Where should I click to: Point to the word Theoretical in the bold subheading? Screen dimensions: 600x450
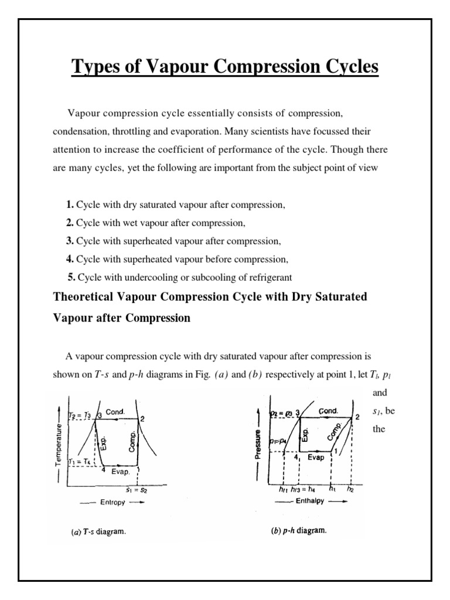(87, 297)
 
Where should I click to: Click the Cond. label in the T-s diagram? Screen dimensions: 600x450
(116, 412)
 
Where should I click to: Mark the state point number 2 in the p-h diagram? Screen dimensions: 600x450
(358, 417)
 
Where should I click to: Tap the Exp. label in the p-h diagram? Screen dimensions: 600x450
(305, 434)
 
